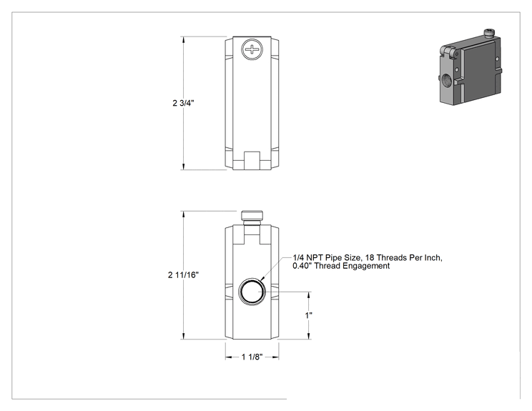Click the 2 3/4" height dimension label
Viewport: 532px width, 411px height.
(x=183, y=103)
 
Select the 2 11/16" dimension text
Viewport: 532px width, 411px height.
(x=183, y=275)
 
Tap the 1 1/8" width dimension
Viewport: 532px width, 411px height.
(x=252, y=357)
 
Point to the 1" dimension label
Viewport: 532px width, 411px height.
(x=308, y=315)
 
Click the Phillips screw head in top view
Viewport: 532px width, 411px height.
(x=252, y=49)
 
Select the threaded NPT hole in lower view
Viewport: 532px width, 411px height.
(x=252, y=292)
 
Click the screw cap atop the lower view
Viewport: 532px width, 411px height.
(x=252, y=217)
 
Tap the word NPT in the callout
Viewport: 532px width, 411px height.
(x=315, y=258)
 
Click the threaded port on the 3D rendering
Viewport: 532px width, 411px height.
(x=446, y=80)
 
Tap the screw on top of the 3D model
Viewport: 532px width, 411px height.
(x=489, y=33)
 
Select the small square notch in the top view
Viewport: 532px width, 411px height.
(x=252, y=160)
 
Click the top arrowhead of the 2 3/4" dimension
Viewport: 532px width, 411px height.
(x=184, y=40)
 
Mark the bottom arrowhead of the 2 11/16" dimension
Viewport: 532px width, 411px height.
(x=184, y=336)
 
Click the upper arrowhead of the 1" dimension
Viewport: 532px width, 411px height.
(x=309, y=295)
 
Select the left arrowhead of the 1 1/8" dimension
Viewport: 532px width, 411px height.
(x=229, y=357)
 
